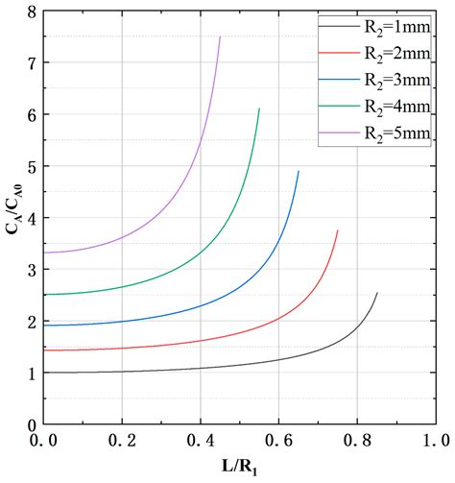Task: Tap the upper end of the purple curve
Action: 220,36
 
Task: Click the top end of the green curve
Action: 259,109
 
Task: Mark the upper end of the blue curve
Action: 299,171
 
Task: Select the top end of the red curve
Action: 338,230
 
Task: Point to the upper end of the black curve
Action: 377,293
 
